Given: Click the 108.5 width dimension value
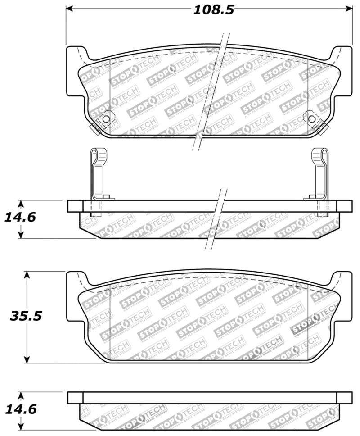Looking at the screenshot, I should point(214,10).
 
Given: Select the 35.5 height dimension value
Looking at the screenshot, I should point(26,316).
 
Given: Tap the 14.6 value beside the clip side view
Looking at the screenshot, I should point(20,217).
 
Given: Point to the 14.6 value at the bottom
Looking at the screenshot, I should point(20,409).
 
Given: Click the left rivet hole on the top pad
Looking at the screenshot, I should point(106,119).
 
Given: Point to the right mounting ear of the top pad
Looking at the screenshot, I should point(343,72).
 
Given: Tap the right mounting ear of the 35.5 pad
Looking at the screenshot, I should point(343,297).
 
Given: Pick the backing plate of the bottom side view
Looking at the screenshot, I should point(209,397).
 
